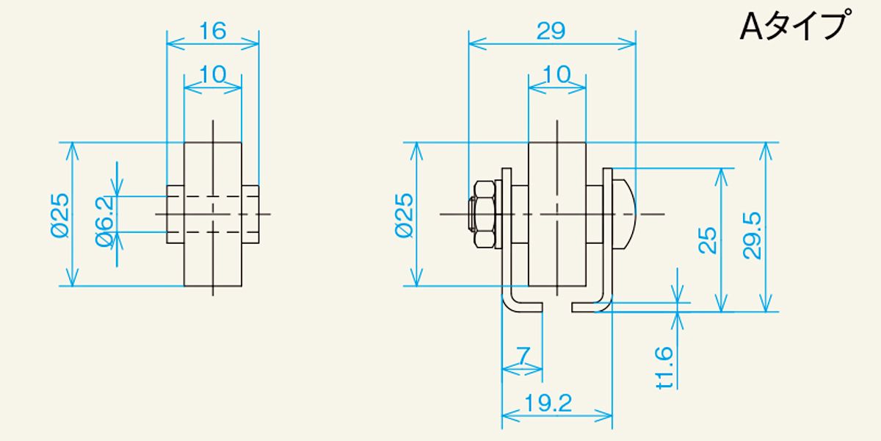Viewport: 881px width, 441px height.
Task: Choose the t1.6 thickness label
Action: click(x=664, y=367)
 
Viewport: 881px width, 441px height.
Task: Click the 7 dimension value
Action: click(x=523, y=356)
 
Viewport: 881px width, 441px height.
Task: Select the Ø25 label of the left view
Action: click(x=60, y=215)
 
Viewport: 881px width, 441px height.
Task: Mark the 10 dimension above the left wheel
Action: click(x=212, y=73)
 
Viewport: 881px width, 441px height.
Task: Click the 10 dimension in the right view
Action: click(x=557, y=73)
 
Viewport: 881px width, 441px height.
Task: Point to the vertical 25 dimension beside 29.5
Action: click(x=707, y=240)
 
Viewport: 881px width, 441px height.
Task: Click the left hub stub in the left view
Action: click(x=175, y=214)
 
